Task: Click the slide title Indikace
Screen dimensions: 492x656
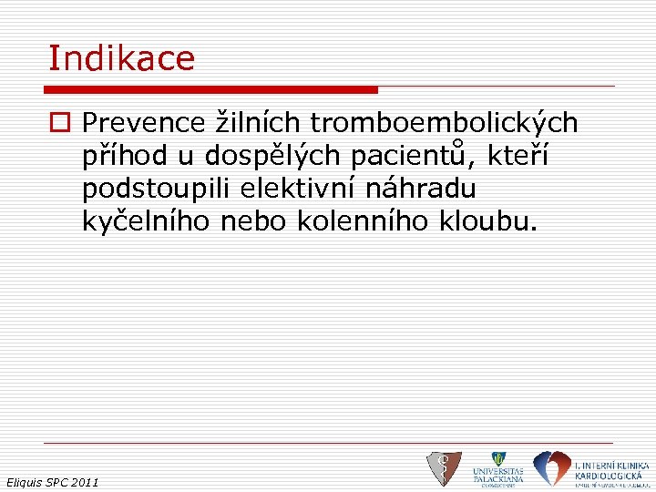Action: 121,59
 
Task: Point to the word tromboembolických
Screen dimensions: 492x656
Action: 445,123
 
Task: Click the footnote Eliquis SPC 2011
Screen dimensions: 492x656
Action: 52,481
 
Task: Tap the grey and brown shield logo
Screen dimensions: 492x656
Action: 444,468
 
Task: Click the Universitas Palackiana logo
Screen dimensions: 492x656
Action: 497,468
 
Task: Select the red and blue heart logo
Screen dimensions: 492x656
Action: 550,467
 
